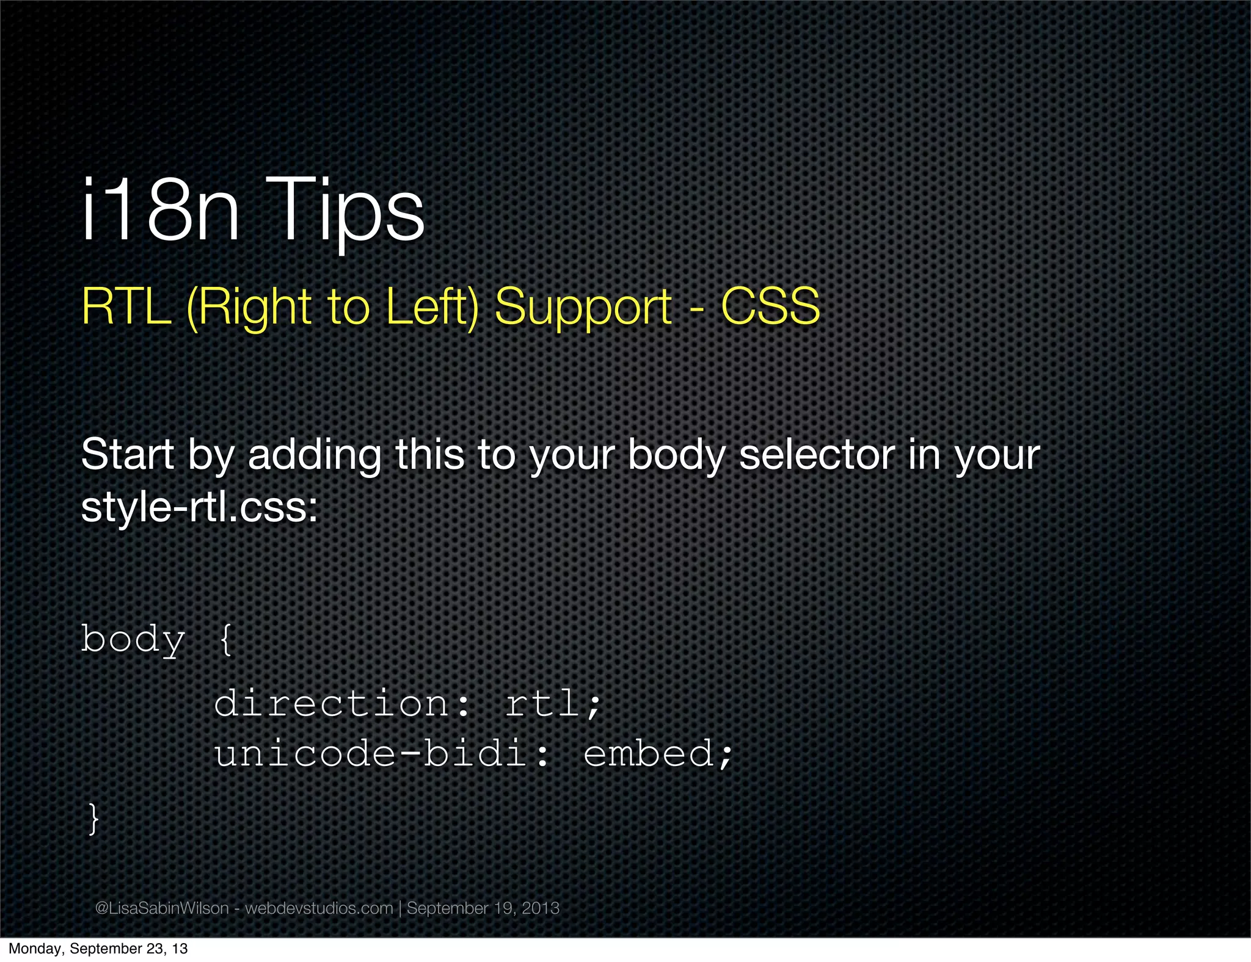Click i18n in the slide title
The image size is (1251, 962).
coord(161,211)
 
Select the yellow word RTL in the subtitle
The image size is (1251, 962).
coord(126,306)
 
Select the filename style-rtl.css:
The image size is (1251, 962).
coord(200,507)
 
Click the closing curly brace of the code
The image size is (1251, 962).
coord(93,818)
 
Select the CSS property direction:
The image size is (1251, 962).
coord(343,703)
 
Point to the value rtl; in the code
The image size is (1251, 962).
coord(553,704)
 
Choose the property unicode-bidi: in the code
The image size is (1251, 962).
coord(382,753)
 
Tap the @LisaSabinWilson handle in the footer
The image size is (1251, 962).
coord(162,908)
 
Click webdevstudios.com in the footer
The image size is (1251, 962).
coord(319,908)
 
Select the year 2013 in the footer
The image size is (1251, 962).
coord(541,908)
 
